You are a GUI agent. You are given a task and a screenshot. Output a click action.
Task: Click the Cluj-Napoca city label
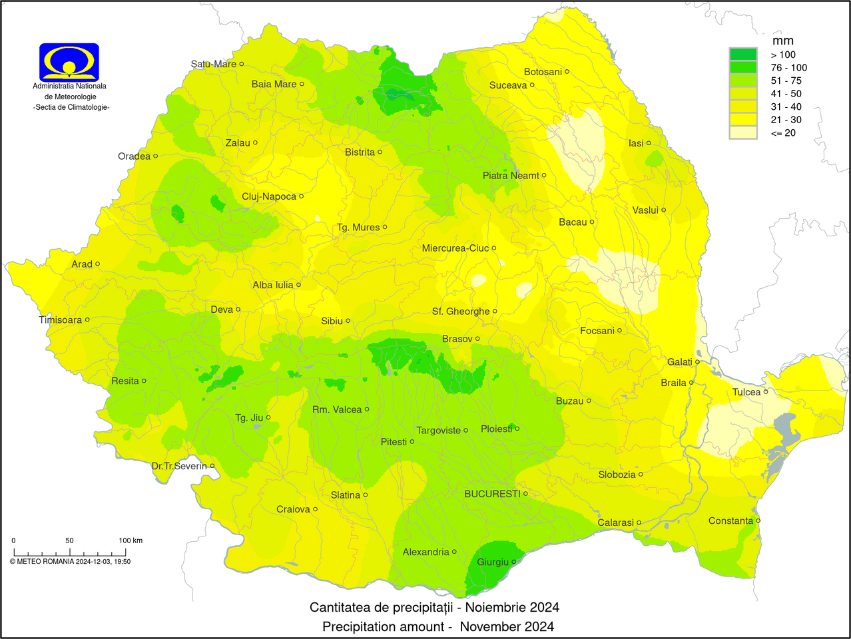(269, 196)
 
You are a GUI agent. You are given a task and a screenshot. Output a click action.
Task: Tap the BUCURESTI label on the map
(492, 494)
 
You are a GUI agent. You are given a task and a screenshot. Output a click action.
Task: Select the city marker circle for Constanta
(758, 521)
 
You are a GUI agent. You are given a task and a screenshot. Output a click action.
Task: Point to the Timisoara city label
(61, 320)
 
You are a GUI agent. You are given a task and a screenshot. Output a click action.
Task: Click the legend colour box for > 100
(743, 55)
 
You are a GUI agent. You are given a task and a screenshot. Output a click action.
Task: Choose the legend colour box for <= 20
(743, 132)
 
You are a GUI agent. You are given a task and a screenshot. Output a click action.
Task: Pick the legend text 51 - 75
(786, 81)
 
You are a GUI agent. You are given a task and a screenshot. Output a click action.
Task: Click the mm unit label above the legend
(783, 41)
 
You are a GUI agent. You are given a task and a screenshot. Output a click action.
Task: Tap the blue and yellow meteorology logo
(69, 62)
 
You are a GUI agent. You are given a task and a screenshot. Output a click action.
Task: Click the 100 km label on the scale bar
(131, 540)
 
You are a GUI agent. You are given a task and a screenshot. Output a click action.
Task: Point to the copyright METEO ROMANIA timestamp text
(70, 561)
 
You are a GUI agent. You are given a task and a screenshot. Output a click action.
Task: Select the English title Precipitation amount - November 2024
(438, 626)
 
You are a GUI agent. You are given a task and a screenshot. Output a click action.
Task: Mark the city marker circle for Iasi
(649, 143)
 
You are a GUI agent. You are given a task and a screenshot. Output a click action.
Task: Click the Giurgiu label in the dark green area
(493, 562)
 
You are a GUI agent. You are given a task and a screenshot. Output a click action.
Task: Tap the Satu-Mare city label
(214, 64)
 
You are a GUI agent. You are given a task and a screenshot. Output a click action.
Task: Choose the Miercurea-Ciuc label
(455, 248)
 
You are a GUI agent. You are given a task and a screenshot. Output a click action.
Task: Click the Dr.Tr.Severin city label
(179, 466)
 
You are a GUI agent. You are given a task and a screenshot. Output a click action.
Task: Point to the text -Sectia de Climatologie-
(71, 107)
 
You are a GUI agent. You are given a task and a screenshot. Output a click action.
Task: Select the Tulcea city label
(746, 392)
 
